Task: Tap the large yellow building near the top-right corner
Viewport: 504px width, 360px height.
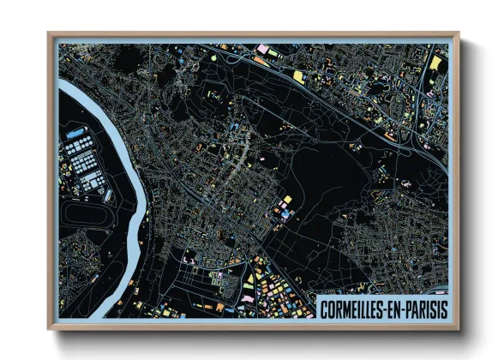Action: click(x=435, y=63)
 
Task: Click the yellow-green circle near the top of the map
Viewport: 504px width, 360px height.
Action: click(x=215, y=58)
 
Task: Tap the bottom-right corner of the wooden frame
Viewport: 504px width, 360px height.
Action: click(x=457, y=327)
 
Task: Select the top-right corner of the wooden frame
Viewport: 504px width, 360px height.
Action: click(x=457, y=35)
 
